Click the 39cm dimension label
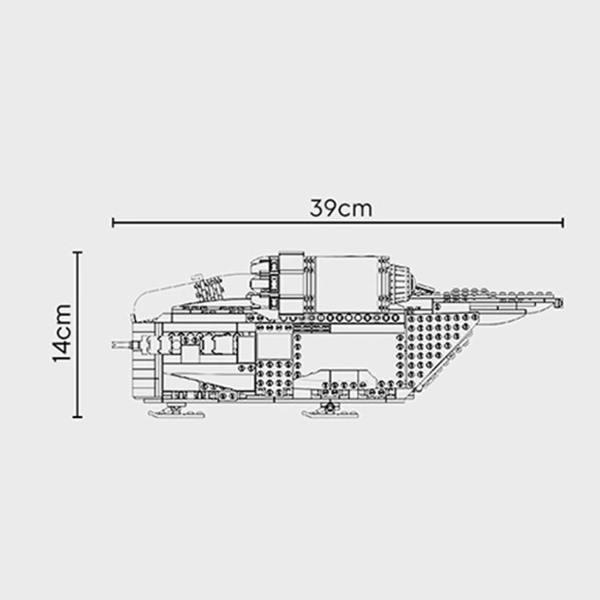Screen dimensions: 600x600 click(341, 208)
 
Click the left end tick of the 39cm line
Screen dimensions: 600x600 click(112, 222)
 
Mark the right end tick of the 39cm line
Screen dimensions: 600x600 click(563, 222)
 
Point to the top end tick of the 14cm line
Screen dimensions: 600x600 click(77, 253)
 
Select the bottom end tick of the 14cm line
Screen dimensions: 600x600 click(77, 417)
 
